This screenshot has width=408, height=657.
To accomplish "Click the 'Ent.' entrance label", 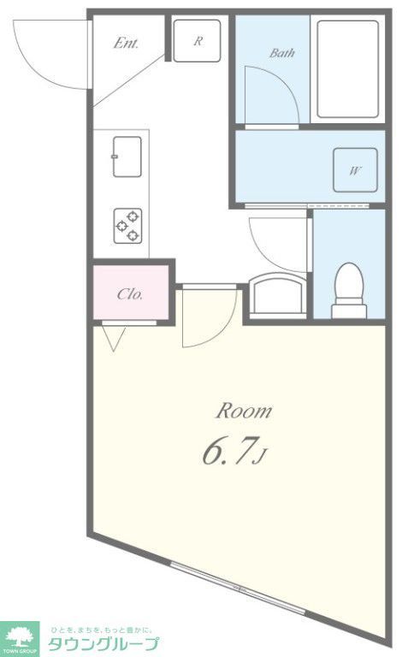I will tap(126, 43).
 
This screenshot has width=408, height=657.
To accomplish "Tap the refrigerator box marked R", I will tap(197, 39).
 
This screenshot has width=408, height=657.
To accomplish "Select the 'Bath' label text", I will tap(282, 53).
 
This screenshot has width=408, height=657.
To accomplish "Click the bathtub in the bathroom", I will tap(347, 68).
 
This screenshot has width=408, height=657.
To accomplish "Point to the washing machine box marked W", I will tap(354, 170).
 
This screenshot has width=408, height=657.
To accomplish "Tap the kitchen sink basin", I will tap(127, 157).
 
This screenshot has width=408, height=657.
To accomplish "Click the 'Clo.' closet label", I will tap(130, 294).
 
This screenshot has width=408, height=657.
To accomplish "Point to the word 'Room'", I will tap(243, 411).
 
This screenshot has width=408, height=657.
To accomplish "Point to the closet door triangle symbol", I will tap(115, 339).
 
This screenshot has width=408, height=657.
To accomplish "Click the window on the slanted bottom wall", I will tap(244, 592).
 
